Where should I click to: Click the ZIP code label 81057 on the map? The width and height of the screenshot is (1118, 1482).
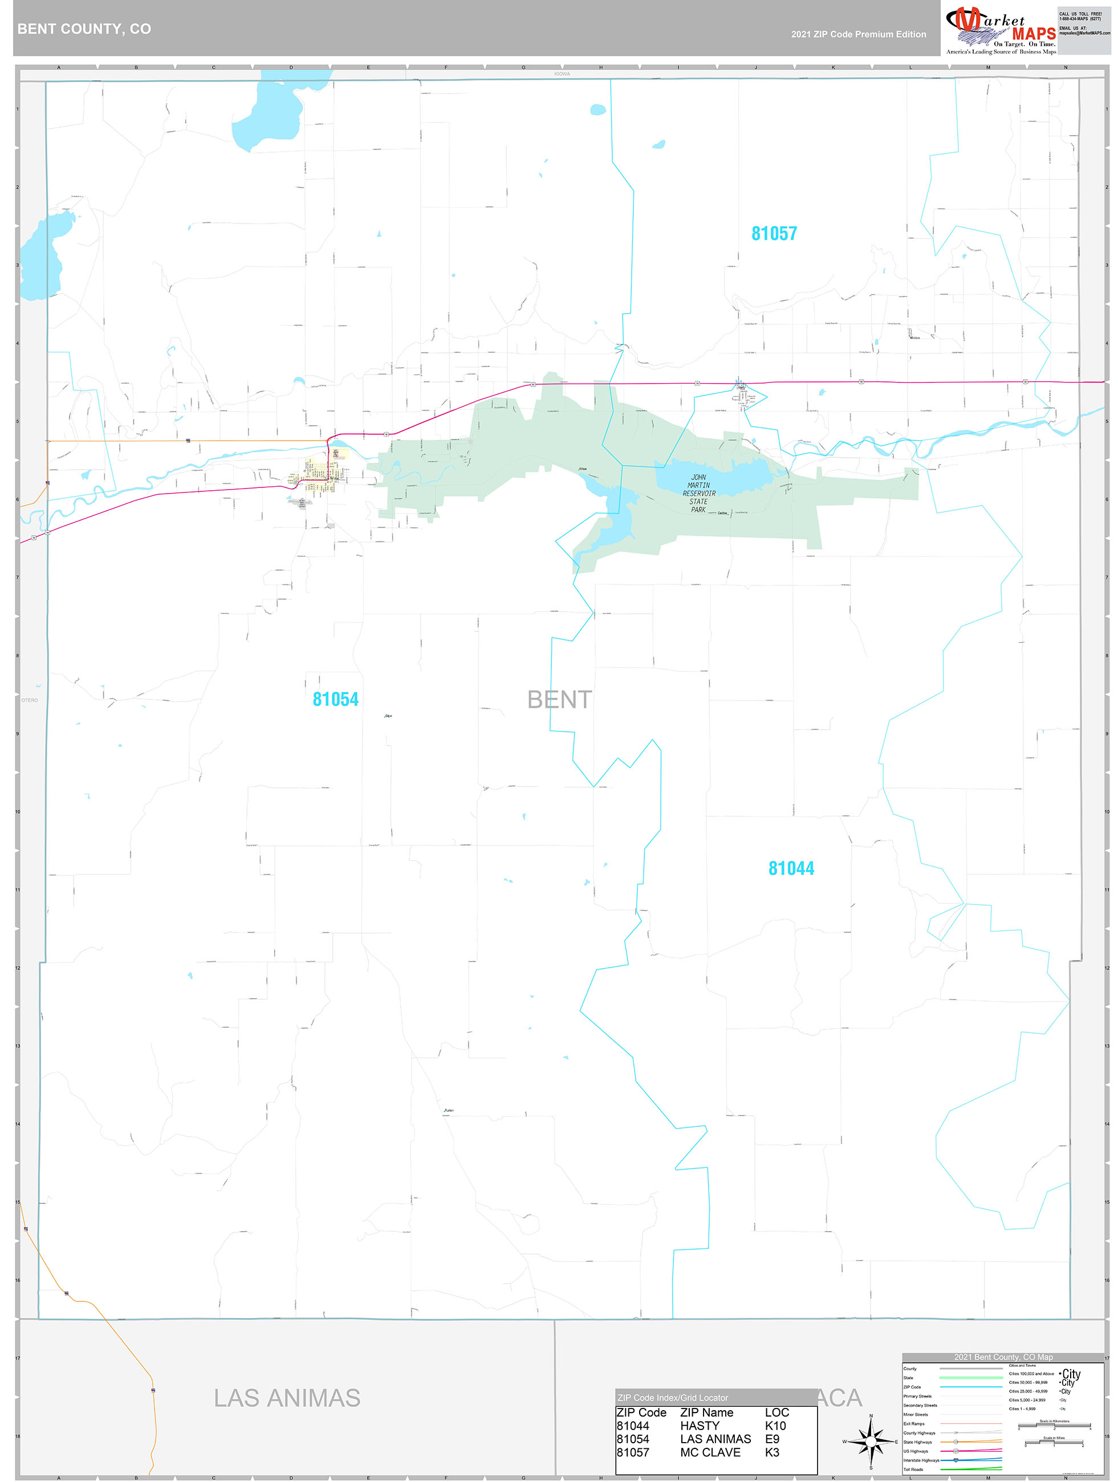coord(774,233)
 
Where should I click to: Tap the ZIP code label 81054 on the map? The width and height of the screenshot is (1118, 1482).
coord(335,699)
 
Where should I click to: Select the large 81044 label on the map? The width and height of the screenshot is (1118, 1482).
coord(790,868)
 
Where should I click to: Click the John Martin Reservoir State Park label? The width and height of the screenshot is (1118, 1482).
coord(698,493)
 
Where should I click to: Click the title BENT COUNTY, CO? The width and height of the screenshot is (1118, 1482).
coord(84,29)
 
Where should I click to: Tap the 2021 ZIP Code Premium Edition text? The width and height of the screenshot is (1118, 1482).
coord(858,34)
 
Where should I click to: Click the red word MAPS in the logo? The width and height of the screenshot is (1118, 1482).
coord(1034,34)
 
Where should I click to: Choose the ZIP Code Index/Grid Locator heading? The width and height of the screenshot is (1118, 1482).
coord(672,1398)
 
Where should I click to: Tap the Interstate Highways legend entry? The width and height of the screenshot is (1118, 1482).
coord(921,1460)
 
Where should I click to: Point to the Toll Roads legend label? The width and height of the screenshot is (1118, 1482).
coord(913,1469)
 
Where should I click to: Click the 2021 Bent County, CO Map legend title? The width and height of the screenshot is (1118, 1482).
coord(1003,1357)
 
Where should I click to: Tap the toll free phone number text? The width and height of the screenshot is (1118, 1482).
coord(1079,16)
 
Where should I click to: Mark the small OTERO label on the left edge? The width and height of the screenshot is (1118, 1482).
coord(30,700)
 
